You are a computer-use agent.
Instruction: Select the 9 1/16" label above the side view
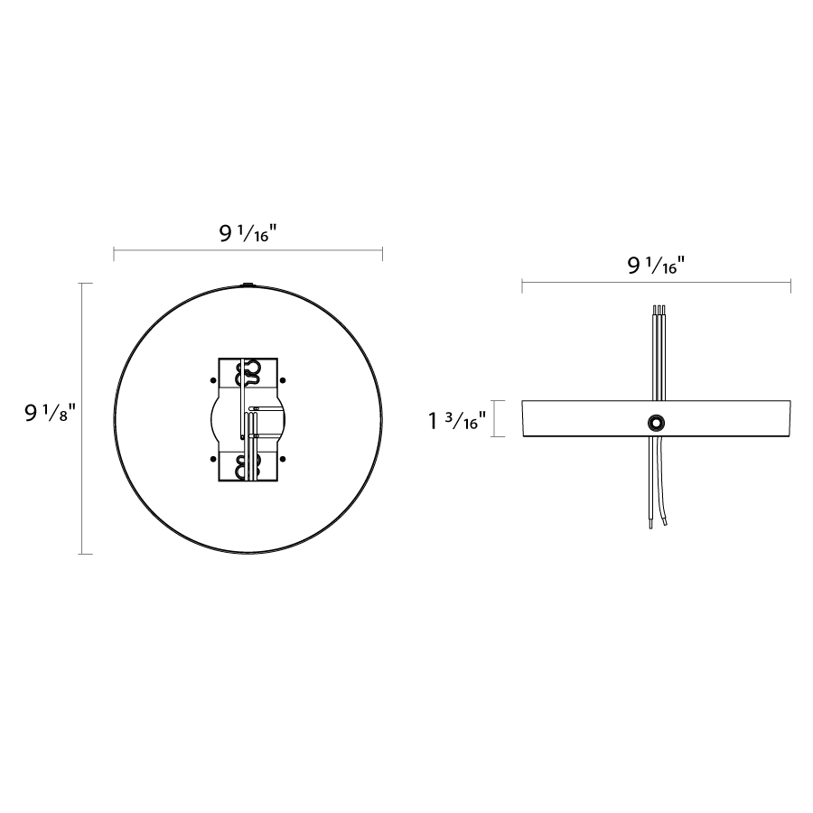[x=656, y=266]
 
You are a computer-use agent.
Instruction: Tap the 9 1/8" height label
[x=51, y=413]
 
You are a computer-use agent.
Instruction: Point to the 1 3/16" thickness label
[x=457, y=420]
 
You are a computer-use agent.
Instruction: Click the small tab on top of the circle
[x=248, y=285]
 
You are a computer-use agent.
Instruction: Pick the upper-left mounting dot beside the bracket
[x=213, y=380]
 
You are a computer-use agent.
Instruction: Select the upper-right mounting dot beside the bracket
[x=283, y=380]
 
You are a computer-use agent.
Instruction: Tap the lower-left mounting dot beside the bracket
[x=213, y=459]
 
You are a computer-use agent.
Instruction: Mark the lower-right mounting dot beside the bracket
[x=283, y=459]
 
